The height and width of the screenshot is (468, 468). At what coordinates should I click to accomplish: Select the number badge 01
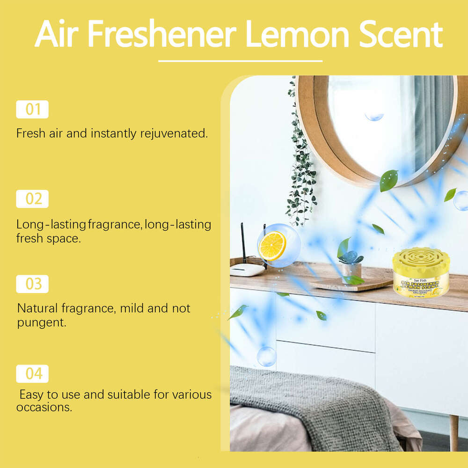(x=32, y=110)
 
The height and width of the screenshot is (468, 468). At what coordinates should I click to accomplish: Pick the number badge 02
(x=32, y=199)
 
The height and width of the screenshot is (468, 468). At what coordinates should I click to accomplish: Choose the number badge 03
(x=32, y=284)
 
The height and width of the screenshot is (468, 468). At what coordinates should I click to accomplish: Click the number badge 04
(x=32, y=373)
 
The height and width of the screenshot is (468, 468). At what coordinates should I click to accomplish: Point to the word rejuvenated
(x=174, y=133)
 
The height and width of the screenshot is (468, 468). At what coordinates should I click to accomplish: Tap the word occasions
(x=44, y=407)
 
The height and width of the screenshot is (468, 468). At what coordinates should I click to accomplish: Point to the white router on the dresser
(x=247, y=269)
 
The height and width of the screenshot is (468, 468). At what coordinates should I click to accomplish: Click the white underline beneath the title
(x=240, y=61)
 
